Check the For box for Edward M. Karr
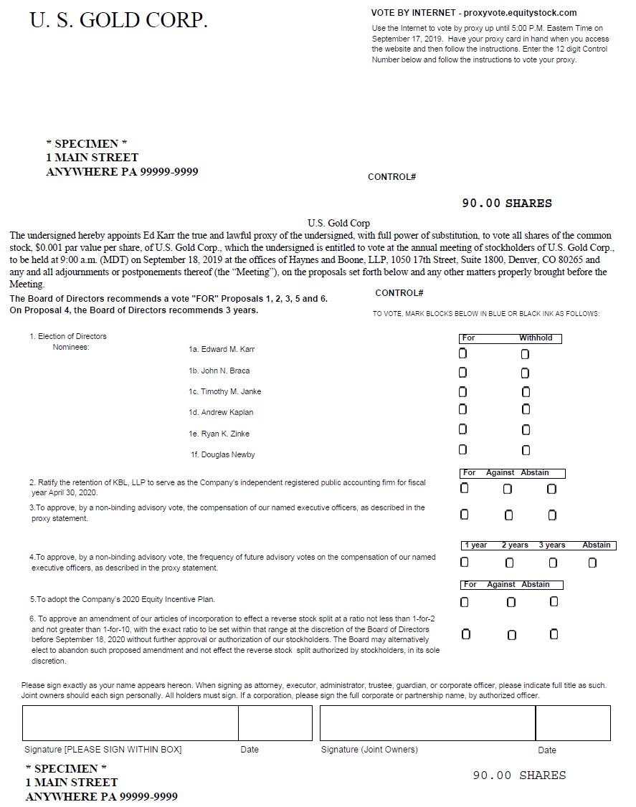point(462,353)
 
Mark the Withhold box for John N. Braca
point(525,373)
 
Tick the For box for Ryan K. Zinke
point(462,429)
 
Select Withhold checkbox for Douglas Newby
point(526,450)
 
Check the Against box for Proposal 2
point(508,489)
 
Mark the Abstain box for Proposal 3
point(552,515)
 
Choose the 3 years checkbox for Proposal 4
point(553,563)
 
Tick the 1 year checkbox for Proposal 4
point(465,563)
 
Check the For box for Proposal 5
point(464,602)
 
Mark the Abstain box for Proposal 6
point(554,634)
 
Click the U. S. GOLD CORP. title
point(118,21)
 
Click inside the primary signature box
point(130,722)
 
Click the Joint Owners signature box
point(427,722)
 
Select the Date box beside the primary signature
point(275,722)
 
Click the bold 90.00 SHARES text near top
point(507,204)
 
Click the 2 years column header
point(515,545)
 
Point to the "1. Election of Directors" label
point(68,336)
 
